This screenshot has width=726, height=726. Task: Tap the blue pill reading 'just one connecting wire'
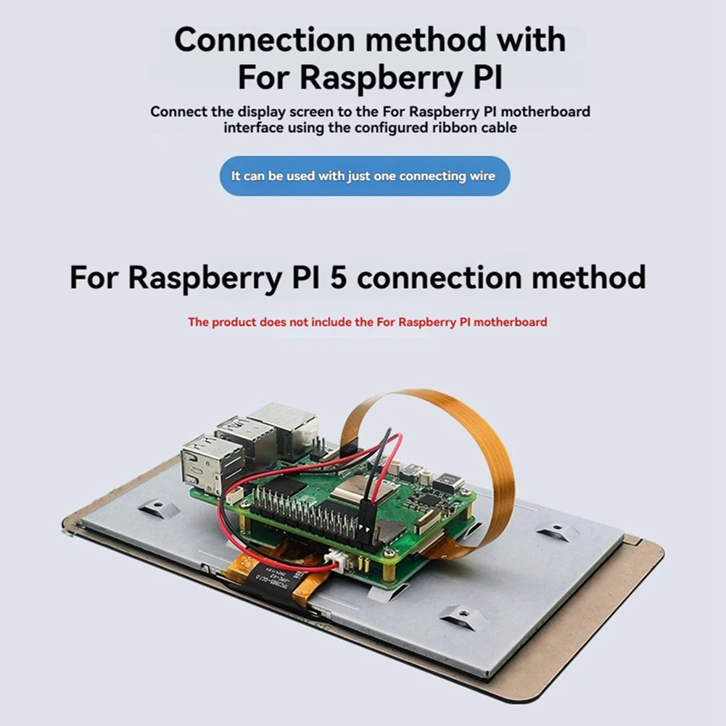[x=365, y=176]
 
